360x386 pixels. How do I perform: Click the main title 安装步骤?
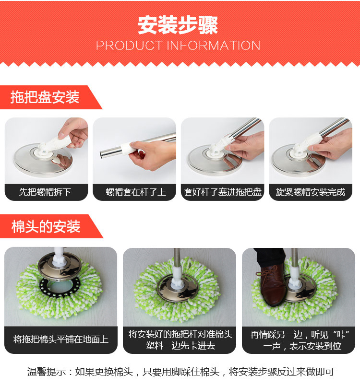(178, 25)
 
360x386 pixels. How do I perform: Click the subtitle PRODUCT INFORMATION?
(178, 46)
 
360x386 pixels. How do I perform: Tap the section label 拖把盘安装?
(45, 97)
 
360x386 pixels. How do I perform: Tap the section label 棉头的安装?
(46, 226)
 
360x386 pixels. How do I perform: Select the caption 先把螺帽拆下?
(45, 192)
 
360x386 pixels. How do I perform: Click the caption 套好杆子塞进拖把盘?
(223, 192)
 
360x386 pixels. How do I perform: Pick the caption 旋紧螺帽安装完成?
(311, 192)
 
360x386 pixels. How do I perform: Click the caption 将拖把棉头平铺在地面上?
(61, 339)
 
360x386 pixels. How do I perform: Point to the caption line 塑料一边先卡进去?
(180, 345)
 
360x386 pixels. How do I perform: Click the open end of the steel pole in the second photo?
(101, 154)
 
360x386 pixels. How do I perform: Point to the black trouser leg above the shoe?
(269, 257)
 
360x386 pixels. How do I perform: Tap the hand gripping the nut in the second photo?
(152, 154)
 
